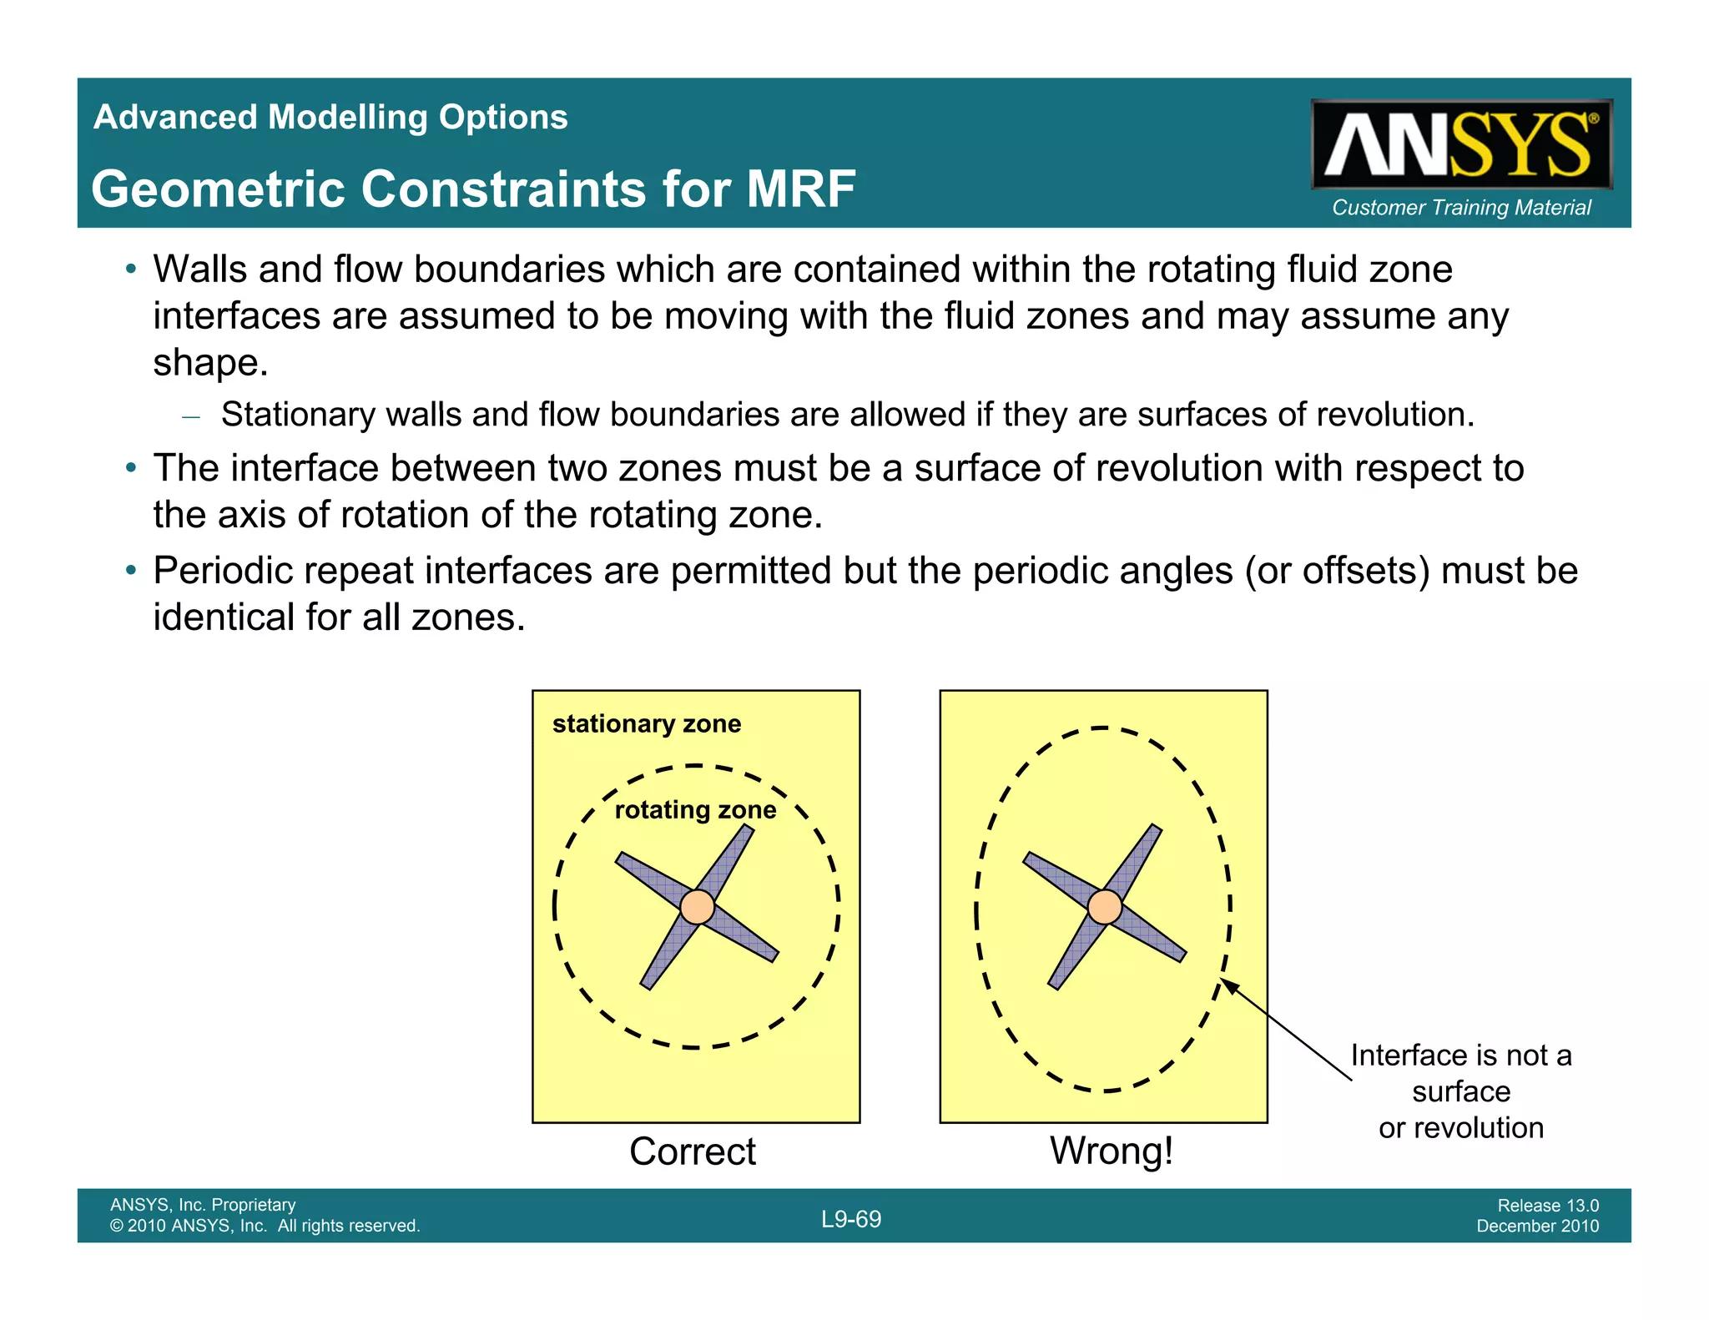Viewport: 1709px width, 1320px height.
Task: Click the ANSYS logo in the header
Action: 1460,144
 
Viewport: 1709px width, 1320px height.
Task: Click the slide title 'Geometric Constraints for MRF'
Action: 473,189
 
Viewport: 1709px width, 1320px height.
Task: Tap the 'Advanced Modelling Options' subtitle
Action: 330,117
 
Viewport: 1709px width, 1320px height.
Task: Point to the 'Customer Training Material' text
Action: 1461,208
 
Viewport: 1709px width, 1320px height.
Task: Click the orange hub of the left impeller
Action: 697,907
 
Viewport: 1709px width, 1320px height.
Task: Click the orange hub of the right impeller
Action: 1105,907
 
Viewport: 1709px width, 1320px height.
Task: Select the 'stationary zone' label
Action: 647,723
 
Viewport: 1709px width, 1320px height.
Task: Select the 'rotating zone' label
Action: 695,809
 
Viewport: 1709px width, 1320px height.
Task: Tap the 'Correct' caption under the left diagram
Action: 693,1151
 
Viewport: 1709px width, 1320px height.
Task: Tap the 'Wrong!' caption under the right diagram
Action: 1112,1151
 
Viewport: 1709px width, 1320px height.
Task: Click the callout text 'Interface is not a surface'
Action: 1460,1073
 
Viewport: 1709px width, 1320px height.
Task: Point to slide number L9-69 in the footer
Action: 851,1219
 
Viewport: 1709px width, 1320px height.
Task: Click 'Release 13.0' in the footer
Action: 1548,1205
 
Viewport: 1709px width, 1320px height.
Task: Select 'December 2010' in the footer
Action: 1537,1226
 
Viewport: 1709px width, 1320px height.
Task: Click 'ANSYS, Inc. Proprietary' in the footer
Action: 203,1205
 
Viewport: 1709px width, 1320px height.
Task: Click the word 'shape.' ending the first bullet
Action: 210,363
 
